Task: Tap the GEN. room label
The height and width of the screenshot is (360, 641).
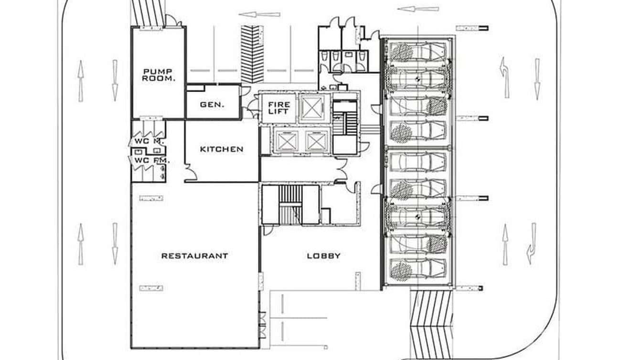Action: click(x=212, y=104)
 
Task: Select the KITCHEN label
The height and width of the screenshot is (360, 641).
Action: click(x=221, y=149)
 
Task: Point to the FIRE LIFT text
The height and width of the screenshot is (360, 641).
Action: click(x=278, y=108)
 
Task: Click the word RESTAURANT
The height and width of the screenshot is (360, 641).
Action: click(x=194, y=255)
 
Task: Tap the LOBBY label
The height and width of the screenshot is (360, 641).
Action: click(x=323, y=255)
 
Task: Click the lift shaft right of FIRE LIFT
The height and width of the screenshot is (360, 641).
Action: click(x=311, y=107)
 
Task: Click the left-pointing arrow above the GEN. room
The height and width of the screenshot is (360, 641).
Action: click(x=259, y=14)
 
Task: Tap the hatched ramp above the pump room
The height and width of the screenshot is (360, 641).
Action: click(x=148, y=12)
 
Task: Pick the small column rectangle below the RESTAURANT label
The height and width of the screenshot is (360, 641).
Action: click(x=151, y=288)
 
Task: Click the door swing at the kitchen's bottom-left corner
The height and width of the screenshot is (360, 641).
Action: click(x=190, y=173)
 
